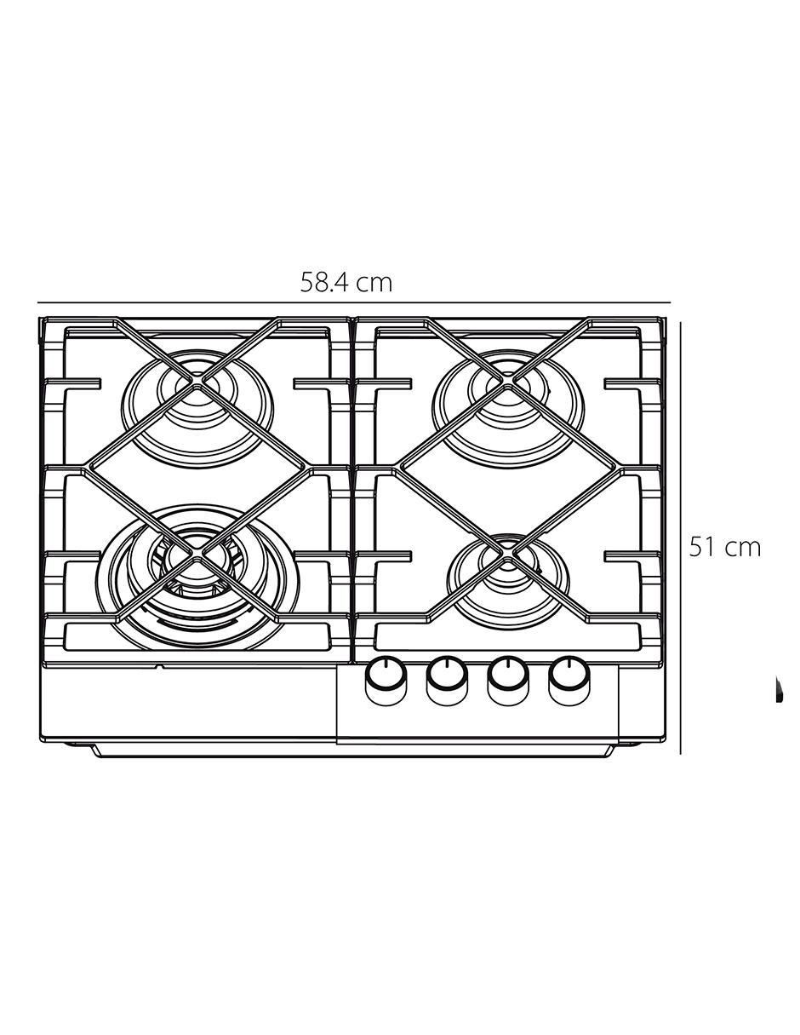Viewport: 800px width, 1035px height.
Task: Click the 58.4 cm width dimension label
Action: pos(346,283)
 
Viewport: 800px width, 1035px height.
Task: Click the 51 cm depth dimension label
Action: pos(724,547)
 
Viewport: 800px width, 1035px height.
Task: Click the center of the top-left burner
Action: pos(197,380)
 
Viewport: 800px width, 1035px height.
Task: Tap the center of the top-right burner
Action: pos(507,380)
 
